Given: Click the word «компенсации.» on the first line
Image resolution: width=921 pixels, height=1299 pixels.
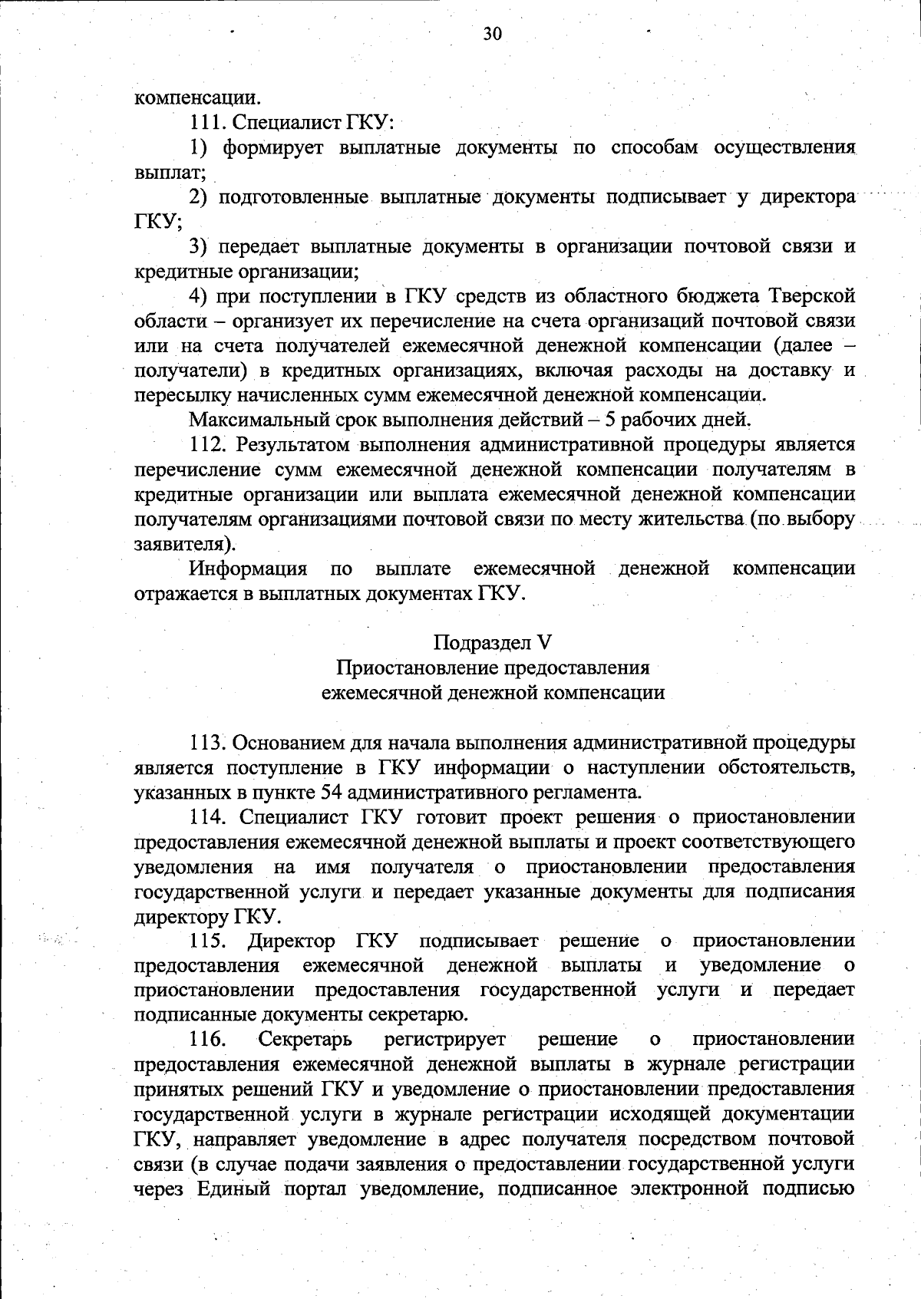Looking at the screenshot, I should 197,97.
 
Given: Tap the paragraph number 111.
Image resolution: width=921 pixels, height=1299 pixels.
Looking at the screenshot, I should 208,122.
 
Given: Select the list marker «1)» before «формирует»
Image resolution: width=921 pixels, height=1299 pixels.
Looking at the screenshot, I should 200,147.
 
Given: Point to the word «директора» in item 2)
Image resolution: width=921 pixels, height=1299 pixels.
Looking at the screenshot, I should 808,197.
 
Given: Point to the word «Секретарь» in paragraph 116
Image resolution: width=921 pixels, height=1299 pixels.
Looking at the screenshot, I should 305,1040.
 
